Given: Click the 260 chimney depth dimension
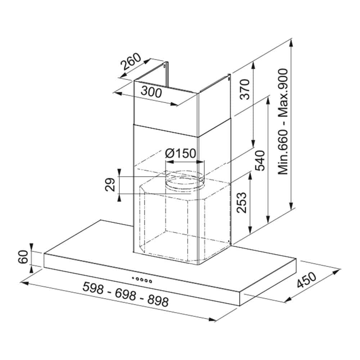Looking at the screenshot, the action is [x=131, y=61].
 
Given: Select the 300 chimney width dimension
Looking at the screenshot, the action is [x=151, y=92].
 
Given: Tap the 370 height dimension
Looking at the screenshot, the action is [x=244, y=89].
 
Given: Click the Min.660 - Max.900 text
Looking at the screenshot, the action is [x=283, y=122].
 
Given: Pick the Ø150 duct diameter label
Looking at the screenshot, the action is [x=181, y=153].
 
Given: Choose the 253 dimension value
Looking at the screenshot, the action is [x=242, y=202].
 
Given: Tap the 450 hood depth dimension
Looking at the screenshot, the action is [x=306, y=280].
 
